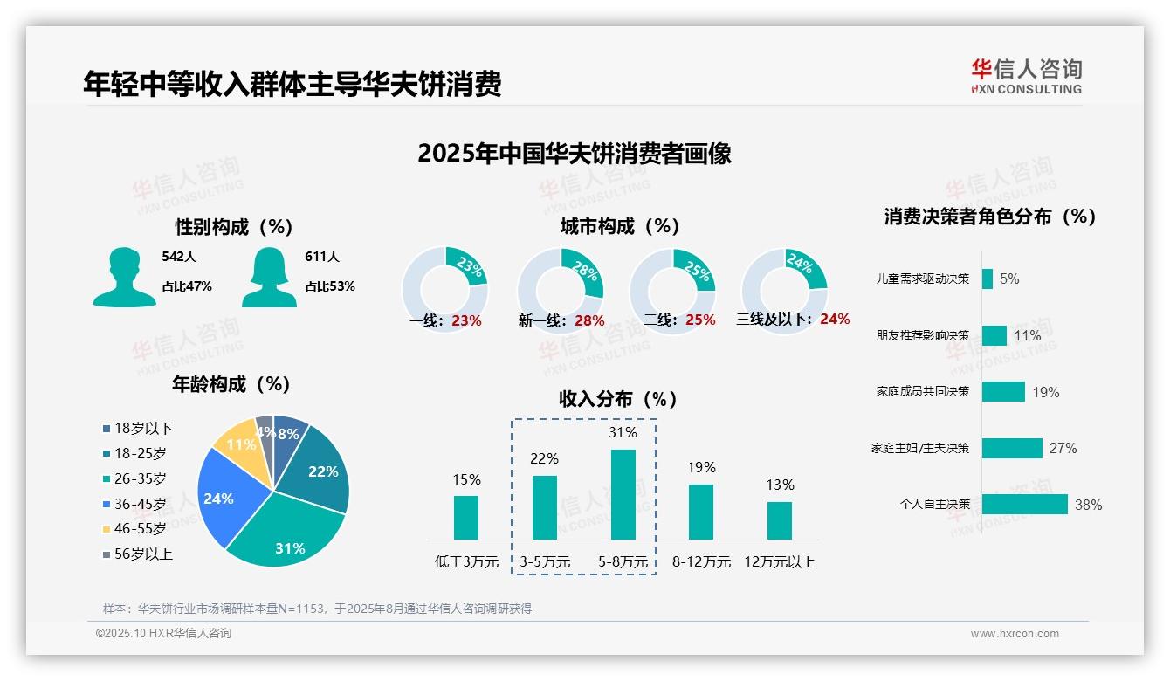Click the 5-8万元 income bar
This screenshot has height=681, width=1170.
tap(623, 494)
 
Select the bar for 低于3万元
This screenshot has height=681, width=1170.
tap(466, 517)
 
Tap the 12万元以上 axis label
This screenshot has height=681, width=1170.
tap(779, 562)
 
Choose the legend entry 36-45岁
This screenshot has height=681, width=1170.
tap(140, 504)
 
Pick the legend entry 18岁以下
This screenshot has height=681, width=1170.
tap(143, 428)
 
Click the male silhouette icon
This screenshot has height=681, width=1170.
tap(125, 277)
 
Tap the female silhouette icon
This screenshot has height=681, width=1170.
tap(270, 277)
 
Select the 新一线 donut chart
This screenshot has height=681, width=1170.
tap(560, 285)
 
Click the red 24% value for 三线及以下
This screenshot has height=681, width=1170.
tap(835, 319)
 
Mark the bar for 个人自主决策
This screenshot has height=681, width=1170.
tap(1024, 504)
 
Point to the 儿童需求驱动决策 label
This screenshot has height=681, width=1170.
tap(923, 279)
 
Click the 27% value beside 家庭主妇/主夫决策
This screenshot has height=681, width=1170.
tap(1063, 448)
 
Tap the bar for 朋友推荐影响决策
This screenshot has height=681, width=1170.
tap(994, 335)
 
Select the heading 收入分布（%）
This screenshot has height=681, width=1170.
tap(618, 399)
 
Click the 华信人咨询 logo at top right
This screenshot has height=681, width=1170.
tap(1026, 76)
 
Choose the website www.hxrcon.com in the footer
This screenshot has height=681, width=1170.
tap(1014, 634)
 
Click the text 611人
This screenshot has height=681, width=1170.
tap(322, 257)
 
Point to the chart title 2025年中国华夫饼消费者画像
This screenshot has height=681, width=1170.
tap(574, 154)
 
